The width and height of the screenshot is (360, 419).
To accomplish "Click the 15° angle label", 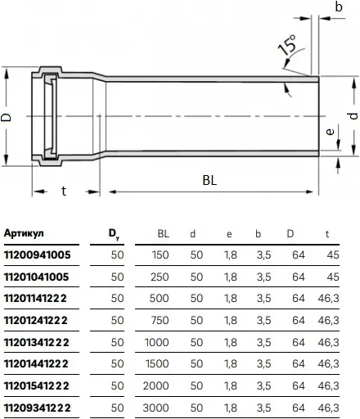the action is tap(287, 44).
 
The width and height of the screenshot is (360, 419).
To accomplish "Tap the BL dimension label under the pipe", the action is tap(209, 180).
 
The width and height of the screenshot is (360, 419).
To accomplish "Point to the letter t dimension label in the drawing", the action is tap(64, 191).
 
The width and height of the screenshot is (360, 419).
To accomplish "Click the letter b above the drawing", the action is tap(339, 7).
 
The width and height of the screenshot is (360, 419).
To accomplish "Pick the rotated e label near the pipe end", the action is tap(330, 132).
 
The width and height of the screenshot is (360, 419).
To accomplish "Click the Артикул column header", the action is tap(24, 233).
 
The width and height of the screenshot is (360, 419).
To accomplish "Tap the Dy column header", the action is tap(114, 234).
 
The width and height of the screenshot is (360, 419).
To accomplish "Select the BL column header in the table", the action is tap(164, 234).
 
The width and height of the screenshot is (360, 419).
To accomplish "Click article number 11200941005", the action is tap(38, 255).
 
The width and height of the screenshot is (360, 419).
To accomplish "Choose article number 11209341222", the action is tap(38, 408).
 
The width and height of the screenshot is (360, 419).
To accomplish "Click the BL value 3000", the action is tap(155, 408).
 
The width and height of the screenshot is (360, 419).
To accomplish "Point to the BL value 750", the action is tap(160, 320).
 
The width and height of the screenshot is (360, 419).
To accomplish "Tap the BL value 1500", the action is tap(157, 363).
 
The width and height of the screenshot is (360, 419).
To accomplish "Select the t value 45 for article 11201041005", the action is tap(333, 277).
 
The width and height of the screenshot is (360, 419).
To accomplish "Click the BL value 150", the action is tap(160, 255).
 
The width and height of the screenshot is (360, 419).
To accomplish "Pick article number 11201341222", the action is tap(37, 342).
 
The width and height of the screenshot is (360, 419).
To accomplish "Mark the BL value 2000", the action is tap(156, 385).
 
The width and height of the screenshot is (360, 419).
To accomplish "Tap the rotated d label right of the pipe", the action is tap(353, 116).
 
